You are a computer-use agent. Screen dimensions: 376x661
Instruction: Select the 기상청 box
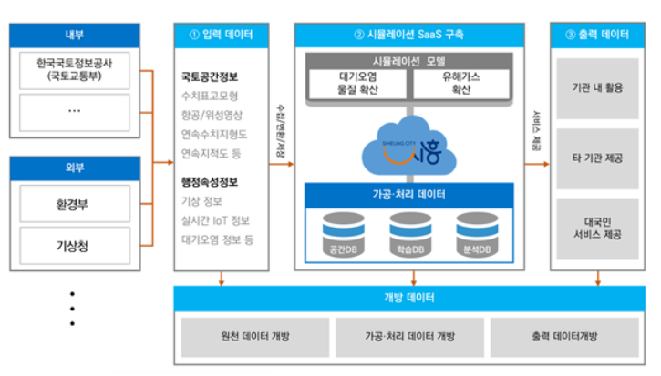pos(75,244)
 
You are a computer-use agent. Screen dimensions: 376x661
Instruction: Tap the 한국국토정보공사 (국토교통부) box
pos(75,69)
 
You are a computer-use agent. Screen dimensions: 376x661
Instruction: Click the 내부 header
pos(75,34)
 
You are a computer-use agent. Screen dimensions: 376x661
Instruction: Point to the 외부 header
pos(75,168)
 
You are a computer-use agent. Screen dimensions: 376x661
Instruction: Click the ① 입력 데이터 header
pos(222,36)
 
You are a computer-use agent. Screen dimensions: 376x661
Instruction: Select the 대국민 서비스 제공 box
pos(602,227)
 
